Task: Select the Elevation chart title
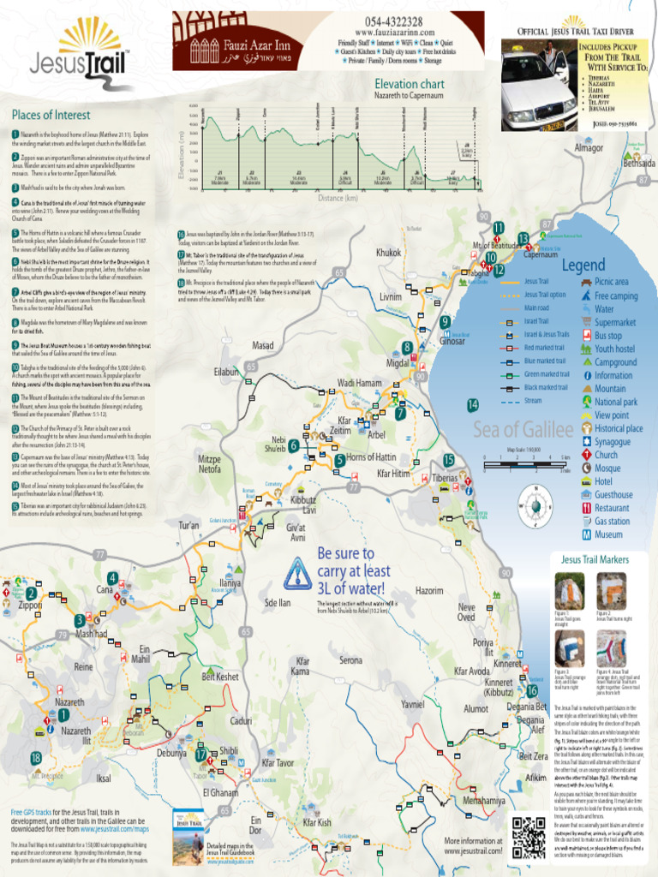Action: [x=410, y=84]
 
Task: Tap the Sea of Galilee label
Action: [x=522, y=430]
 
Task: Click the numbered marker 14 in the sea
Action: [x=473, y=404]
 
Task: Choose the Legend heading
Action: [x=583, y=265]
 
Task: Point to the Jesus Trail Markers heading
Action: [x=595, y=559]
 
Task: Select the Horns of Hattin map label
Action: [x=371, y=457]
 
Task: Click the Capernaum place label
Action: [x=541, y=254]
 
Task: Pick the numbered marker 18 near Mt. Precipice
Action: [x=36, y=758]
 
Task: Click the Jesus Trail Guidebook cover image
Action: [x=188, y=836]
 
